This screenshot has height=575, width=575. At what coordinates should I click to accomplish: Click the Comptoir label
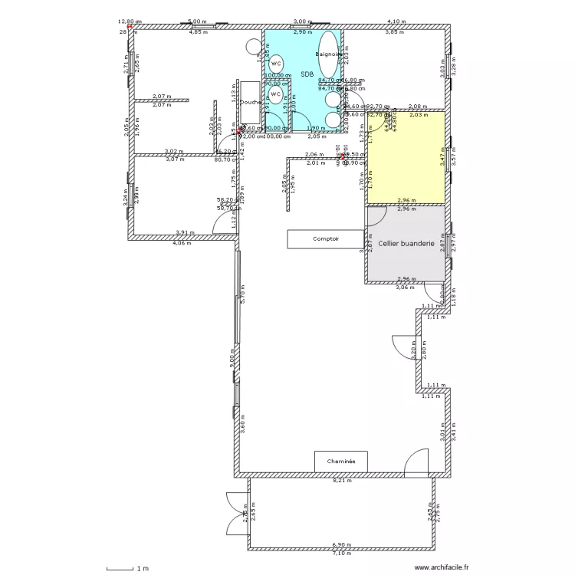click(325, 239)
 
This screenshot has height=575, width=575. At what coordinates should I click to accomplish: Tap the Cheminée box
click(340, 462)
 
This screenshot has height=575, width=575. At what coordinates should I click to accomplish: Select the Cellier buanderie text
click(407, 243)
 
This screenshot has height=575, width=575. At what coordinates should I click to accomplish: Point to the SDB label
click(307, 74)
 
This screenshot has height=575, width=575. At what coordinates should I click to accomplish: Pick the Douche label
click(251, 102)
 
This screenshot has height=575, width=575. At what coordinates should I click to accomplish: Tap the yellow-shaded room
click(406, 158)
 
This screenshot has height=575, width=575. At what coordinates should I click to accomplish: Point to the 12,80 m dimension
click(129, 22)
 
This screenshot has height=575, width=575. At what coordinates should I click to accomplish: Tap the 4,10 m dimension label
click(396, 22)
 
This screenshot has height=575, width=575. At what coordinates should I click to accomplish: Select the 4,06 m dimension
click(182, 243)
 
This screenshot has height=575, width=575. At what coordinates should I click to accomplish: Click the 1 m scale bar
click(123, 568)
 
